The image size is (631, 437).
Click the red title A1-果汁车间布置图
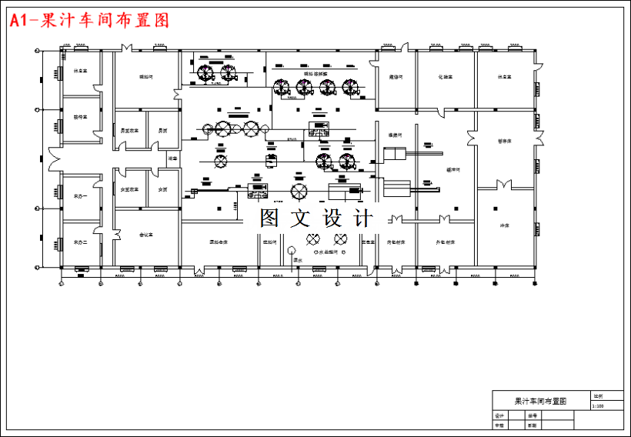tap(88, 21)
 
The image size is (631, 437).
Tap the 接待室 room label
tap(80, 117)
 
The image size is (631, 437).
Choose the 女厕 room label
tap(162, 189)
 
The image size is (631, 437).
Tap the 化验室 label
tap(445, 77)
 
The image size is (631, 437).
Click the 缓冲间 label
tap(452, 169)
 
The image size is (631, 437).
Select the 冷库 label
tap(506, 225)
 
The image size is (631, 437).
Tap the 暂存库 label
tap(504, 141)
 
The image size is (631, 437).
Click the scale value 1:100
tap(598, 405)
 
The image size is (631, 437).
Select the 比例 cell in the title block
tap(598, 395)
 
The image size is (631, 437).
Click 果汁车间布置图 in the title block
tap(540, 401)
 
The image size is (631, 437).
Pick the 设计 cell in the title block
tap(499, 415)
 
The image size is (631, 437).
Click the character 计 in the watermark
tap(363, 218)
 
